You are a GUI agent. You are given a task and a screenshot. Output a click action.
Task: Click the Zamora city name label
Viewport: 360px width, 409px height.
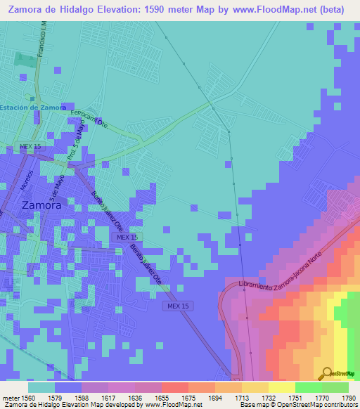pos(41,206)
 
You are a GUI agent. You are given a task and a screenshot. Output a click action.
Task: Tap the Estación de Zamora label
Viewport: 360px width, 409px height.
pos(33,108)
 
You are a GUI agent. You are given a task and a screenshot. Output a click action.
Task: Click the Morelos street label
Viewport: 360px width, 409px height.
pos(30,181)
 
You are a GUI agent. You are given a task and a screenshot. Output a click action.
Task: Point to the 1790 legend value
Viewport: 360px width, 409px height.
pos(349,398)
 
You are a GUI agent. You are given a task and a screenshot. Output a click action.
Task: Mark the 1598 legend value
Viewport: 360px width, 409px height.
pos(83,398)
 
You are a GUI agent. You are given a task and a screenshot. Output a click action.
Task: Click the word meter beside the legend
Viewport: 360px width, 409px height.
pos(11,398)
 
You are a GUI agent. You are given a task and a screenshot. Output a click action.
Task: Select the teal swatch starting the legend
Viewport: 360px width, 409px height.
pos(41,387)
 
